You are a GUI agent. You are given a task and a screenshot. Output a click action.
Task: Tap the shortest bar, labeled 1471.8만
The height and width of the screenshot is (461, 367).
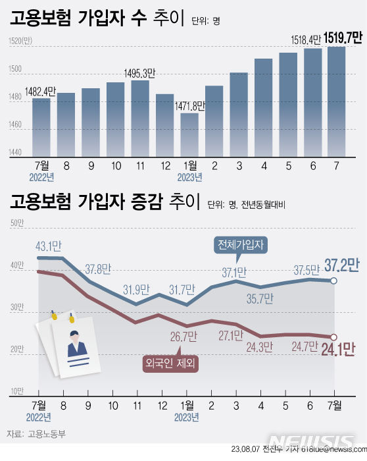(189, 133)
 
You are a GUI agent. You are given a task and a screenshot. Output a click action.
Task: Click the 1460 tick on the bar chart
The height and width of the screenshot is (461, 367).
(14, 125)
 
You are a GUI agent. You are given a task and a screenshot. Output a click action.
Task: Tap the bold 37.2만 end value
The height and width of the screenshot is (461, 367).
(341, 265)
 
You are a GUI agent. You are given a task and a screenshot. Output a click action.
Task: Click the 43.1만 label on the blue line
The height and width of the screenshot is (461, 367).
(49, 246)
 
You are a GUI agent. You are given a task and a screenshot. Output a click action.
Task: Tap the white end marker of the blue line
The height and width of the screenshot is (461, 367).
(334, 281)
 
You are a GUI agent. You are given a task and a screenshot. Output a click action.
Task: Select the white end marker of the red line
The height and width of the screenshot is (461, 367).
(334, 337)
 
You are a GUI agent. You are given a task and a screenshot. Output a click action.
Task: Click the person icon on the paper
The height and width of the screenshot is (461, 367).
(77, 343)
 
